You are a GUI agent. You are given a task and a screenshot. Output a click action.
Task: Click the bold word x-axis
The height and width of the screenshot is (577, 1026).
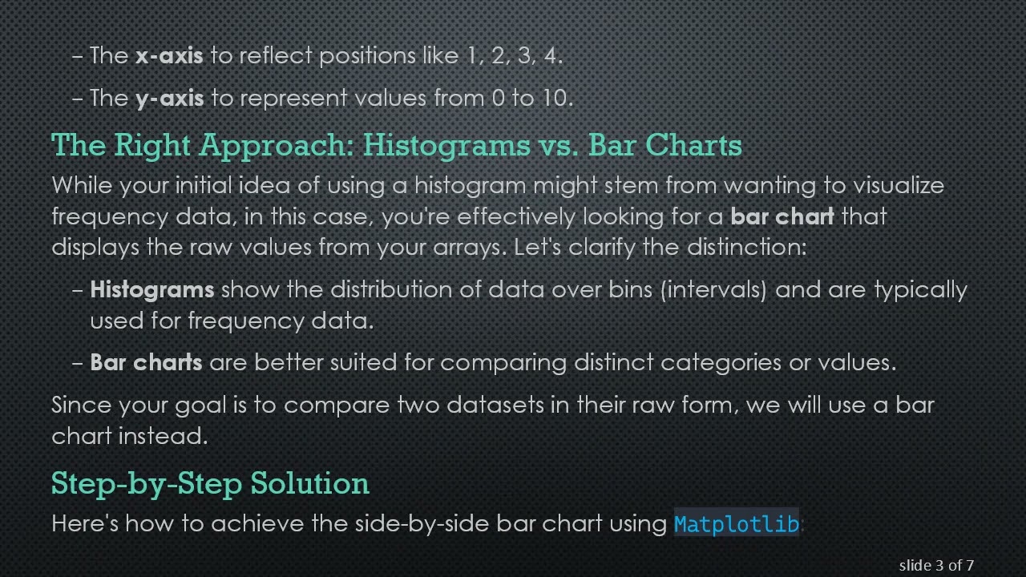(x=169, y=56)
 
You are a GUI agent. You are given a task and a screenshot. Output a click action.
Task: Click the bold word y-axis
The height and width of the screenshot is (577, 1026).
(x=169, y=99)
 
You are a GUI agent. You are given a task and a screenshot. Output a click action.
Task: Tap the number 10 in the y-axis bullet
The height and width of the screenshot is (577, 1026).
(x=551, y=98)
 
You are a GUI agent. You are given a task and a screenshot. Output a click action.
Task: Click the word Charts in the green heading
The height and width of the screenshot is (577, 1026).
(x=693, y=145)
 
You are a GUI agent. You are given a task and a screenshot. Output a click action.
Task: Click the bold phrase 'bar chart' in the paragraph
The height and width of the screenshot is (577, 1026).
(x=782, y=216)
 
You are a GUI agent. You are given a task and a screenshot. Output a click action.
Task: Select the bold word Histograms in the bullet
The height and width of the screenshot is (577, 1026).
(x=151, y=289)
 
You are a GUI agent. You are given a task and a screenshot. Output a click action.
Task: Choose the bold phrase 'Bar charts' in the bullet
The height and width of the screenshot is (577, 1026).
(x=146, y=362)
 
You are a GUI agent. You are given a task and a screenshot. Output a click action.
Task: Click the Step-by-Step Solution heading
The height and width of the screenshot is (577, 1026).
(x=210, y=483)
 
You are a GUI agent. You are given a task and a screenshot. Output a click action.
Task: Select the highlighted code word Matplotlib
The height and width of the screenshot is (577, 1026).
(x=736, y=524)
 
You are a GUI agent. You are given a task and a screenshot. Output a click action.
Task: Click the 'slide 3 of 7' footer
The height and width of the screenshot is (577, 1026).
(x=936, y=565)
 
